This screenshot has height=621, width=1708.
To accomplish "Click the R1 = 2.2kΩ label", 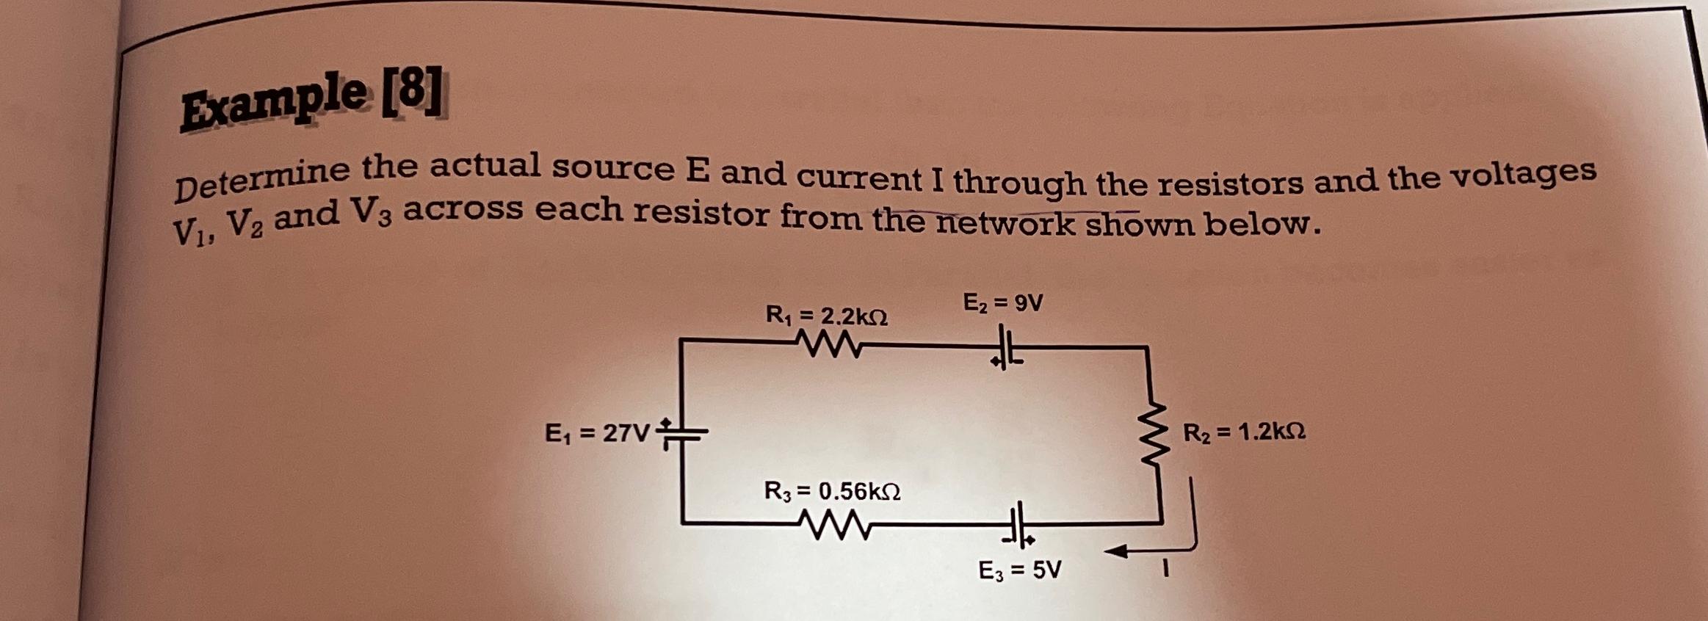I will point(826,316).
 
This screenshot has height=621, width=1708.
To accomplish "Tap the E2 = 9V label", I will point(1002,302).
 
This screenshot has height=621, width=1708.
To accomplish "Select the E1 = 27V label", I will point(597,434).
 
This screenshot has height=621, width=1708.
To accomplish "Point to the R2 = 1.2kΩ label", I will point(1244,432).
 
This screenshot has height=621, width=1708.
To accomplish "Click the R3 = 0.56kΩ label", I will point(832,490).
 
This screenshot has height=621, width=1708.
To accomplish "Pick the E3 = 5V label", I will point(1020,570).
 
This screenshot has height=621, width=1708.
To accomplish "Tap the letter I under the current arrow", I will point(1165,569).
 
